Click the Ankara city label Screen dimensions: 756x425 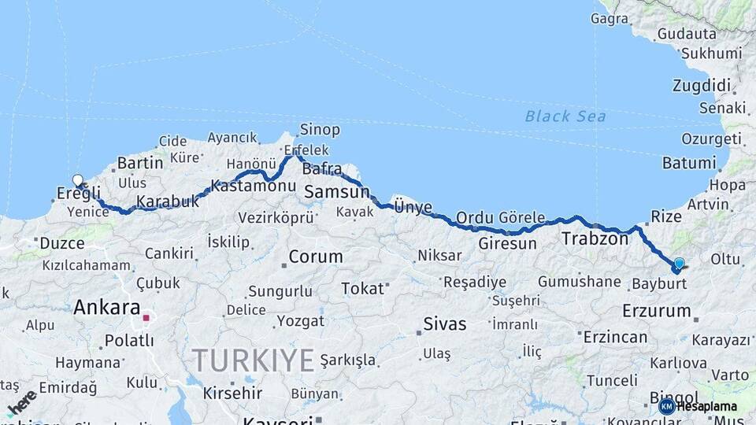click(106, 308)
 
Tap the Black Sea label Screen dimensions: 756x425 click(565, 116)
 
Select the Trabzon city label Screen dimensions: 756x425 click(595, 238)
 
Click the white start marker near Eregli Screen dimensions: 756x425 click(78, 180)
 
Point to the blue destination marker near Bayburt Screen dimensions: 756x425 click(679, 264)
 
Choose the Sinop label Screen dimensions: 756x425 click(320, 130)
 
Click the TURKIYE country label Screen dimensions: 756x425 click(254, 360)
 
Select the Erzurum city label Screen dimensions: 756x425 click(656, 311)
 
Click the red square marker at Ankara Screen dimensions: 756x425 click(146, 319)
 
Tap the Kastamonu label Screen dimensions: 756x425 click(254, 187)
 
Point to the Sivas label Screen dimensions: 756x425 click(444, 323)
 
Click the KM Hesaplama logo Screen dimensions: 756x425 click(698, 406)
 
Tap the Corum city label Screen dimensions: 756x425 click(315, 257)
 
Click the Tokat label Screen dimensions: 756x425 click(362, 289)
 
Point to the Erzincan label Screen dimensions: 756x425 click(615, 337)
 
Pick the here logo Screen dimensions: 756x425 click(22, 401)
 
